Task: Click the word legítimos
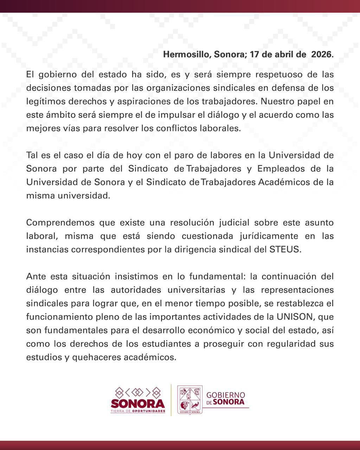point(46,101)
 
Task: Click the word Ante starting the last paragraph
point(36,276)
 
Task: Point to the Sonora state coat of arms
point(190,400)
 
